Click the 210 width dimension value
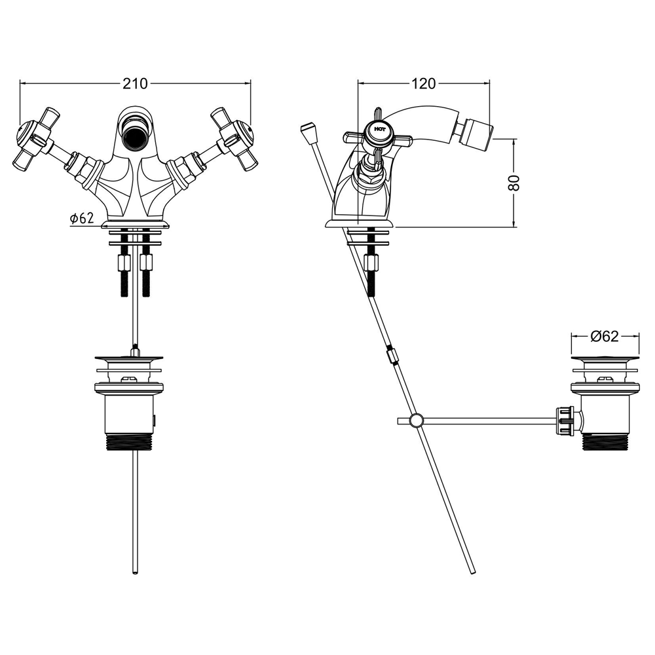[x=135, y=84]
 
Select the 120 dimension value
[x=424, y=84]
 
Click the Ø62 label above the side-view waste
[x=605, y=336]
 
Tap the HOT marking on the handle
[x=380, y=130]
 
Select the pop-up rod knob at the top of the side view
[x=309, y=132]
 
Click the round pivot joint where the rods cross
[x=416, y=421]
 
